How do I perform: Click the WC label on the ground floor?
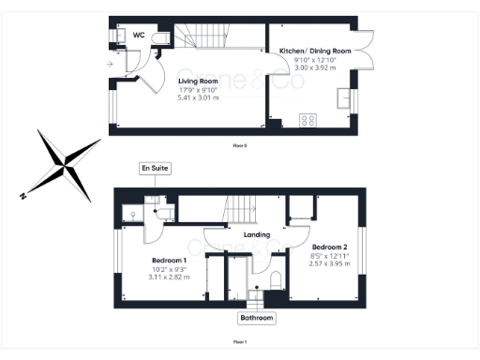138,35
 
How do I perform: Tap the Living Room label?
198,82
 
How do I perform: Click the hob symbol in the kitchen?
307,119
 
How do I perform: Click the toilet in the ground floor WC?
162,36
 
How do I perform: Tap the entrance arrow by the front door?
111,64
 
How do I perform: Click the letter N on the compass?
22,196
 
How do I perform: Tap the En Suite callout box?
153,168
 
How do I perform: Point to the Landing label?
256,234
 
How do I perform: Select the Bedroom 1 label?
170,260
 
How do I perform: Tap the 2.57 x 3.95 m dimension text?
329,263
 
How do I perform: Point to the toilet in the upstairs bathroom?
273,280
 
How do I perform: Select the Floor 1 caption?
240,342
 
